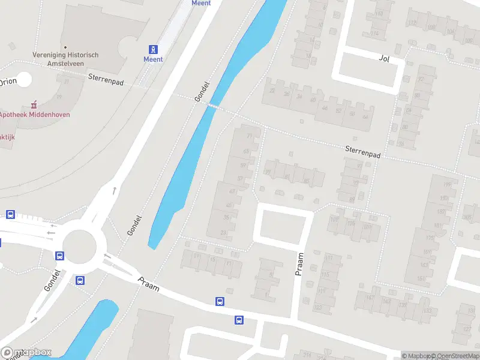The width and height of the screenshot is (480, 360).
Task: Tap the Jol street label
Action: (385, 58)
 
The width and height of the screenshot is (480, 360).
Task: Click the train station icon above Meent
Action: (154, 49)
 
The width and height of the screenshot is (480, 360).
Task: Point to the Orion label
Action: (8, 82)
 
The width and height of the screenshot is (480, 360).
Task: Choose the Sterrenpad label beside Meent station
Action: (106, 79)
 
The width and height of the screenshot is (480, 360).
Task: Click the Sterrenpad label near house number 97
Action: (362, 151)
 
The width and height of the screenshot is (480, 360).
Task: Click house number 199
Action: (446, 185)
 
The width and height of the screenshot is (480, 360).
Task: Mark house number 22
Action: (272, 91)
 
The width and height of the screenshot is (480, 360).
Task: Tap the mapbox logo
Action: (26, 352)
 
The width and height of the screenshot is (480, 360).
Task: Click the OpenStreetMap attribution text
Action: (455, 356)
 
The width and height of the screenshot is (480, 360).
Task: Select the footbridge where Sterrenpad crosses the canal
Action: (212, 105)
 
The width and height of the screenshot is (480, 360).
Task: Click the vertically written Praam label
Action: (299, 264)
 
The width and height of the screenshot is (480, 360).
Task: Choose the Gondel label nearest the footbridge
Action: (200, 91)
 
